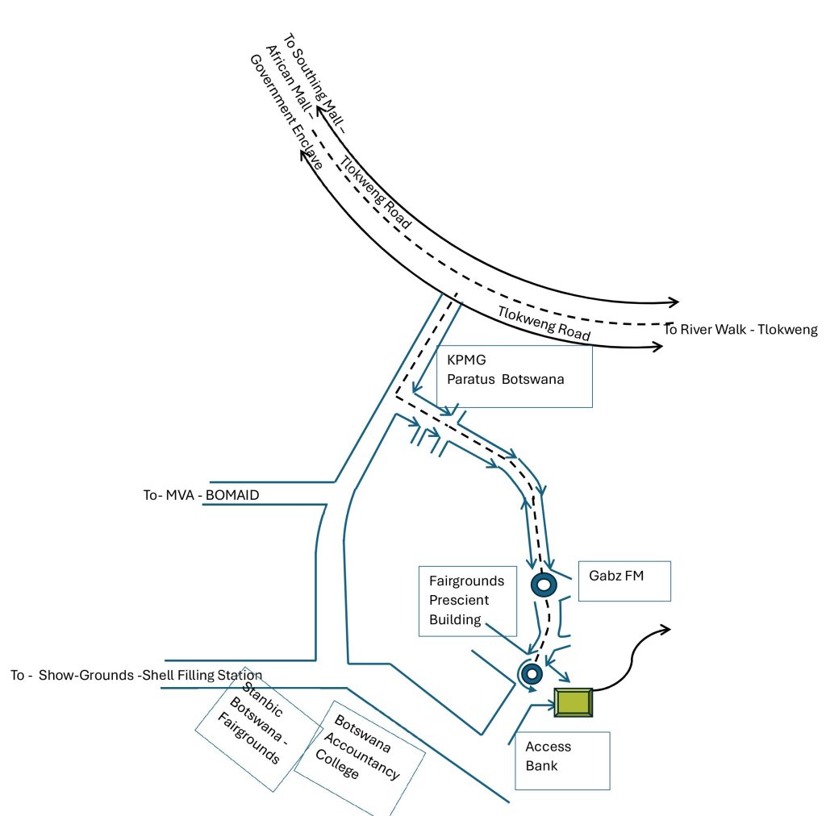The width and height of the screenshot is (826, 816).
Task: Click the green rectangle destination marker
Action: point(574,702)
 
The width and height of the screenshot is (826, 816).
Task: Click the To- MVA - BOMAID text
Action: point(201,495)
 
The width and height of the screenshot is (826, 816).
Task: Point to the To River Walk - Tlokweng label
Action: point(740,329)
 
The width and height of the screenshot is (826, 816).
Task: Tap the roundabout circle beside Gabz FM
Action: point(543,584)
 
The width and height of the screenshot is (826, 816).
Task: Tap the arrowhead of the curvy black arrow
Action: point(665,629)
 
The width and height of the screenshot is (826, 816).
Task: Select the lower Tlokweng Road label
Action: point(544,323)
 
